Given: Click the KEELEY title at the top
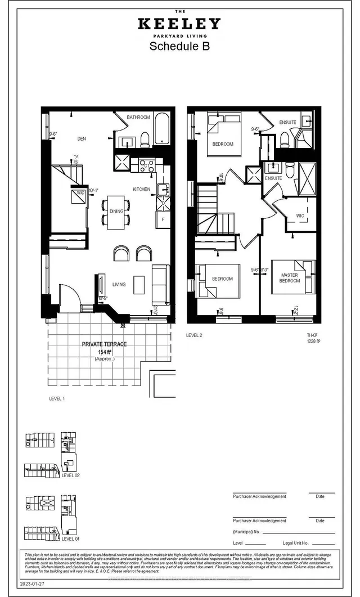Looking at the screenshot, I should tap(179, 24).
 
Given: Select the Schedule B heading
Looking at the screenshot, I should tap(179, 47).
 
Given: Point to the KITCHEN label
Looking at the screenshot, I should tap(141, 189).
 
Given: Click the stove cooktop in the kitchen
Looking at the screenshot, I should tap(147, 165).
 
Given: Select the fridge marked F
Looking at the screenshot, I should tap(163, 218).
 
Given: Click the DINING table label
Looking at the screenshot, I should tap(116, 211).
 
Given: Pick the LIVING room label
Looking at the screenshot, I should tap(118, 284).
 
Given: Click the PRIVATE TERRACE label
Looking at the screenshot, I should tap(104, 344).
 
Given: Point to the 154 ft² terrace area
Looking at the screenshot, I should tap(104, 352).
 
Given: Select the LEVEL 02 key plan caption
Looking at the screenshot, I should tap(71, 475).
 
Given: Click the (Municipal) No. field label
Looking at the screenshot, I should tap(246, 531).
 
